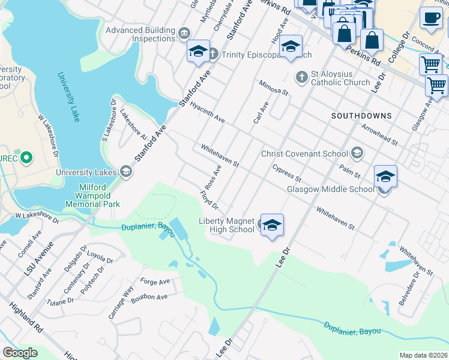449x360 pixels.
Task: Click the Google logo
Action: point(20,353)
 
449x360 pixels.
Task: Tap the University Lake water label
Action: point(69,97)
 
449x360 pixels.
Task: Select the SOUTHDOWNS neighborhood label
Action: point(362,115)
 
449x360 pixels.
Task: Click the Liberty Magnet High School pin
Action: point(272,226)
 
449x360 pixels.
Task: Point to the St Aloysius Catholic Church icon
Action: point(302,77)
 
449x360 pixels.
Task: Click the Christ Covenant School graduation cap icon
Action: point(357,154)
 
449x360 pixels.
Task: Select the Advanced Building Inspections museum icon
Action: point(184,31)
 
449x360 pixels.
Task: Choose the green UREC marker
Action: point(26,159)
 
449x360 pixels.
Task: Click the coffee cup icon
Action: point(430,18)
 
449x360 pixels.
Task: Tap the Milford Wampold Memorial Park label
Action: point(98,195)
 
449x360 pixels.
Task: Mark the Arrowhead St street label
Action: point(379,134)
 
